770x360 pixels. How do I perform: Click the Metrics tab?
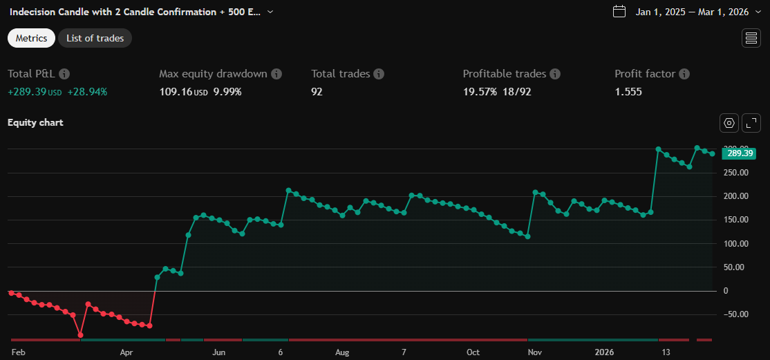[31, 38]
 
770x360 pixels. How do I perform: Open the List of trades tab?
[95, 38]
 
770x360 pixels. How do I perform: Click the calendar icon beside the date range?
[619, 11]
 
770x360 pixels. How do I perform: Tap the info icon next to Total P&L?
[64, 74]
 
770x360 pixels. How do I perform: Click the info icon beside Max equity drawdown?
[276, 74]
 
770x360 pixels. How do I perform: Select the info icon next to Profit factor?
[684, 74]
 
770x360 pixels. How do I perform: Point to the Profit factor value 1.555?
[628, 91]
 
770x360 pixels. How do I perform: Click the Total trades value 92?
[317, 91]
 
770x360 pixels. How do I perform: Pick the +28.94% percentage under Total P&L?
[87, 91]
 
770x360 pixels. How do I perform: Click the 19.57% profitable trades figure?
[480, 91]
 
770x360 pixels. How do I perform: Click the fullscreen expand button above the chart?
[751, 123]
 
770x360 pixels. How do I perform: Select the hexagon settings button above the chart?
[729, 123]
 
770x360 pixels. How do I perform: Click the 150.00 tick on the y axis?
[735, 220]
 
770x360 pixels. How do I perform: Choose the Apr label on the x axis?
[126, 352]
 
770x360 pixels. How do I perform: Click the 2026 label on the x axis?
[605, 352]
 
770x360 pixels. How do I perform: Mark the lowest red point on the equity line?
[81, 335]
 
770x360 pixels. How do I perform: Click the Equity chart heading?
[35, 122]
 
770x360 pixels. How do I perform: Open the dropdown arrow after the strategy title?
[270, 12]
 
